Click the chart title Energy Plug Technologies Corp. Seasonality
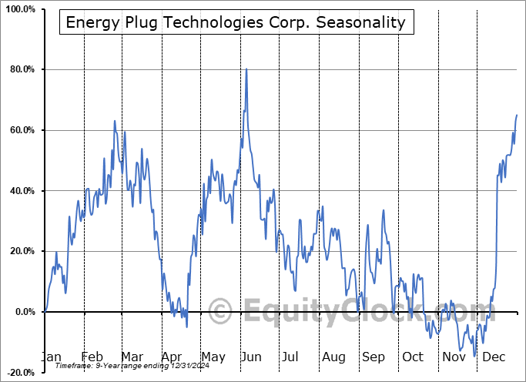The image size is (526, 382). (236, 22)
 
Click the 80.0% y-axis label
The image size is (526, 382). (21, 70)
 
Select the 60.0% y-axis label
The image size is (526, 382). (21, 130)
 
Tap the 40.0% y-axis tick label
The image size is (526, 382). (21, 191)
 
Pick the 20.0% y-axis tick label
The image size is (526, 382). (21, 251)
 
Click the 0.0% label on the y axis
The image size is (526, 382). (23, 312)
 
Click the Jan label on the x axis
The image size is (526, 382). (51, 357)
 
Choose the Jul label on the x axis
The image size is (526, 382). (290, 357)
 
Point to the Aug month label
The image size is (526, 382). (334, 357)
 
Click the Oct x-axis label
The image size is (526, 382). (413, 357)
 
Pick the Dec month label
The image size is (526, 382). (495, 357)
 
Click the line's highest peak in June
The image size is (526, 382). (246, 69)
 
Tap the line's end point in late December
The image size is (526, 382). (517, 115)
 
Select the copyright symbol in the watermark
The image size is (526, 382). (221, 312)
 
